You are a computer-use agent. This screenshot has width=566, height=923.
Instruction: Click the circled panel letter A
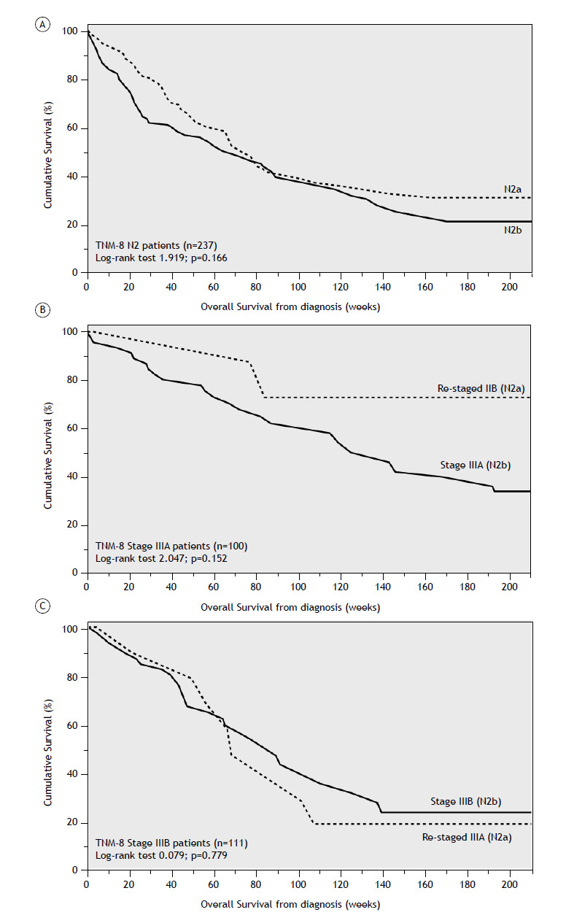pyautogui.click(x=43, y=25)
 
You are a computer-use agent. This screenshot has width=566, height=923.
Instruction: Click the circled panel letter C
pyautogui.click(x=43, y=607)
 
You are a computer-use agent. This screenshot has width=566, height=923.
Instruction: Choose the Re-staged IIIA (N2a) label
pyautogui.click(x=467, y=837)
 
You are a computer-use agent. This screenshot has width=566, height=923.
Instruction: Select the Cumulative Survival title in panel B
pyautogui.click(x=48, y=452)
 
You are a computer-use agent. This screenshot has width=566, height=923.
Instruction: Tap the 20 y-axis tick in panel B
pyautogui.click(x=73, y=525)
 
